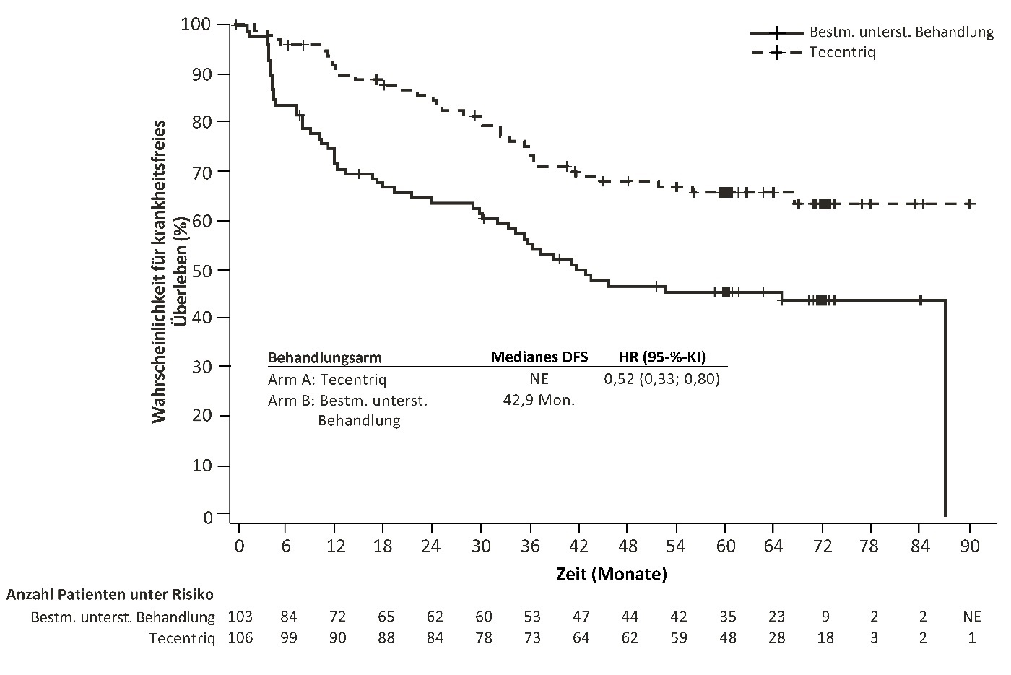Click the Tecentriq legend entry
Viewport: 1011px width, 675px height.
coord(842,52)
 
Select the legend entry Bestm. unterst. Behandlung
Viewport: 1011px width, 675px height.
coord(901,32)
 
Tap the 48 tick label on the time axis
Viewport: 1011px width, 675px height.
coord(628,546)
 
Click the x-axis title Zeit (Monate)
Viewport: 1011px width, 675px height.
coord(611,575)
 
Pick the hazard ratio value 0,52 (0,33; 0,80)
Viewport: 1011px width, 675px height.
coord(662,379)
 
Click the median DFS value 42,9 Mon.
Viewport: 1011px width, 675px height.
coord(539,400)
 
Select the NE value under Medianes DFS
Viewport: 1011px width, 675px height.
coord(539,379)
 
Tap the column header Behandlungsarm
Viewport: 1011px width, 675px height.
coord(324,357)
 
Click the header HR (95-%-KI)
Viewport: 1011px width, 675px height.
coord(662,357)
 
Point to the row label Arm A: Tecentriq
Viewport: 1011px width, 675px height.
coord(327,379)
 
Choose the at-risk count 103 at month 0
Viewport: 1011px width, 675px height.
coord(240,617)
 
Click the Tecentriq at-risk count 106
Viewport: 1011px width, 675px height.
coord(240,638)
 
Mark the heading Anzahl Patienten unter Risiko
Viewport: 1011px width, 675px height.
coord(110,595)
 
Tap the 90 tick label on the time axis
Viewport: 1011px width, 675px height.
coord(970,546)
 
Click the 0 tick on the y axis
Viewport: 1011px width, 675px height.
coord(208,517)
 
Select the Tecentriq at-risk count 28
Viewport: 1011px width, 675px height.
coord(776,638)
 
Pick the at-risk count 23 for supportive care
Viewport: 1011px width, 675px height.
coord(776,617)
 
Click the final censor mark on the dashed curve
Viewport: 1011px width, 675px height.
coord(970,204)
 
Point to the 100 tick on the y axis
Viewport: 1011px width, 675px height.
coord(196,25)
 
